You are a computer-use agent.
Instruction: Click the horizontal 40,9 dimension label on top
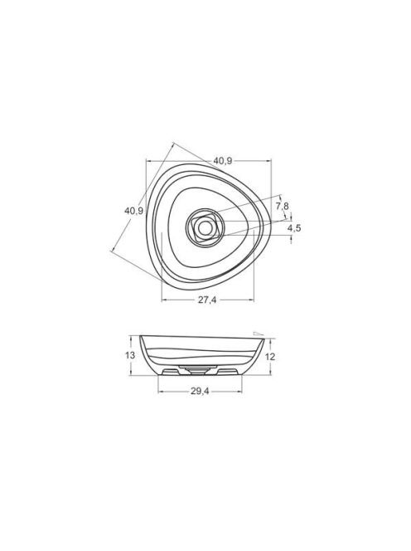coord(223,161)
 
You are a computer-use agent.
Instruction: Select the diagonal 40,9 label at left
coord(133,211)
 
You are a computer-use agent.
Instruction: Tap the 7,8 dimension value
coord(283,206)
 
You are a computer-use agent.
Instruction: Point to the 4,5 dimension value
coord(294,228)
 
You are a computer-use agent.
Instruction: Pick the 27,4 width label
coord(207,300)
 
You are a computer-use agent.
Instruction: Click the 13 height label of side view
coord(130,355)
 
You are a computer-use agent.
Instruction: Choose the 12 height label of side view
coord(270,357)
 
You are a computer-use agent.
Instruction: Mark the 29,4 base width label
coord(200,391)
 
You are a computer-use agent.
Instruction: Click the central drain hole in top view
coord(205,228)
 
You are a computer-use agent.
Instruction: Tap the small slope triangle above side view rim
coord(259,333)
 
